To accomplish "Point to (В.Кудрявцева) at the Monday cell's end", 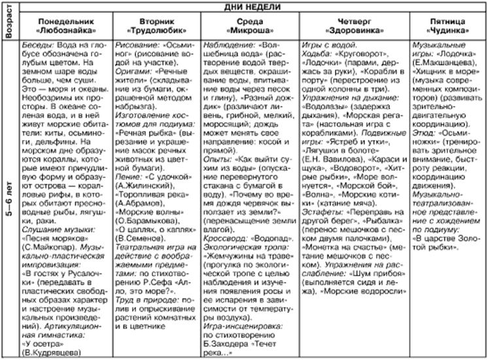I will pos(58,352).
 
